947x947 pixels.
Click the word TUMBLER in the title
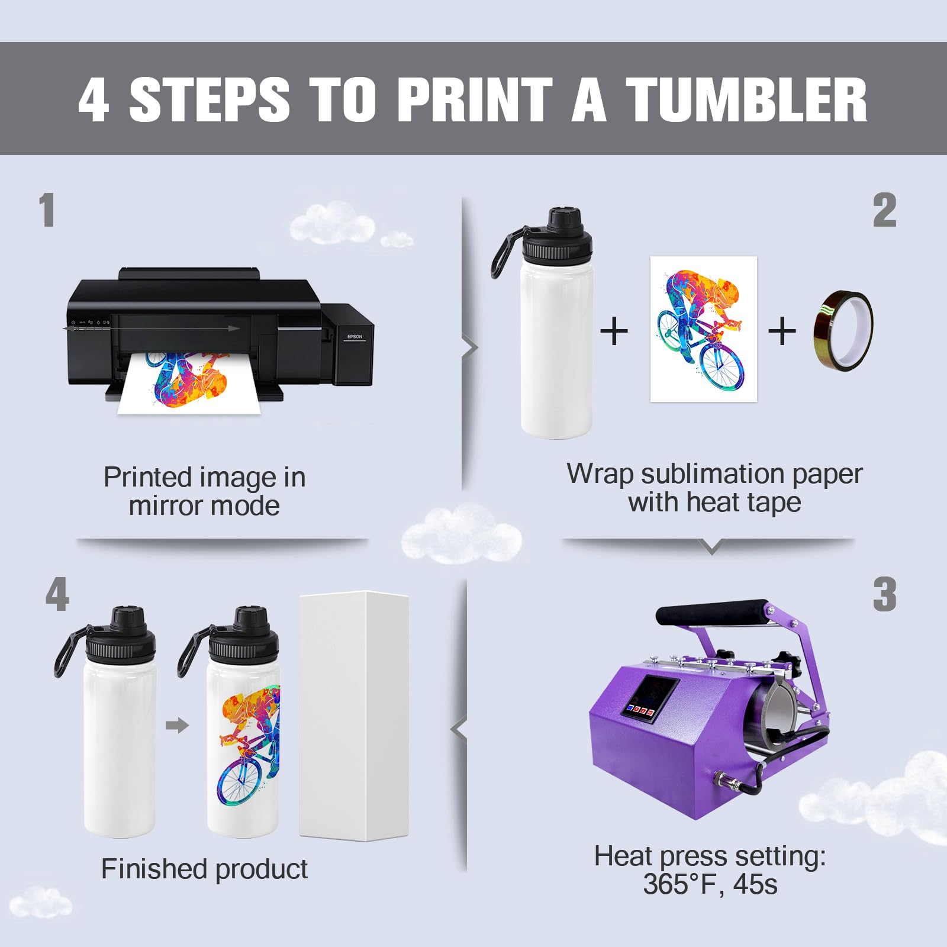746,99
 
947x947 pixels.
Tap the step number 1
47,210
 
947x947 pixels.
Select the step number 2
884,210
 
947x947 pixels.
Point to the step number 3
884,594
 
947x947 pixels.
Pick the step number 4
57,594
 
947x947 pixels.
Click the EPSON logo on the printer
355,337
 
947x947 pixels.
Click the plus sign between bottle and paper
614,331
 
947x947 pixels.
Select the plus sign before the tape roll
782,331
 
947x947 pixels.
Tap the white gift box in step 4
354,716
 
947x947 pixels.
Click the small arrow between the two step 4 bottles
177,725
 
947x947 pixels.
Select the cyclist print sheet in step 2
704,329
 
